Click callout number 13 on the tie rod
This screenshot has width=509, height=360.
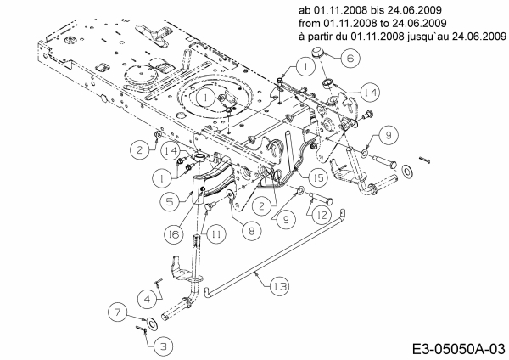tap(280, 288)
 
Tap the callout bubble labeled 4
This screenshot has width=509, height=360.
tap(147, 298)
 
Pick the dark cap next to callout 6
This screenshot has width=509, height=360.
tap(321, 54)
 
